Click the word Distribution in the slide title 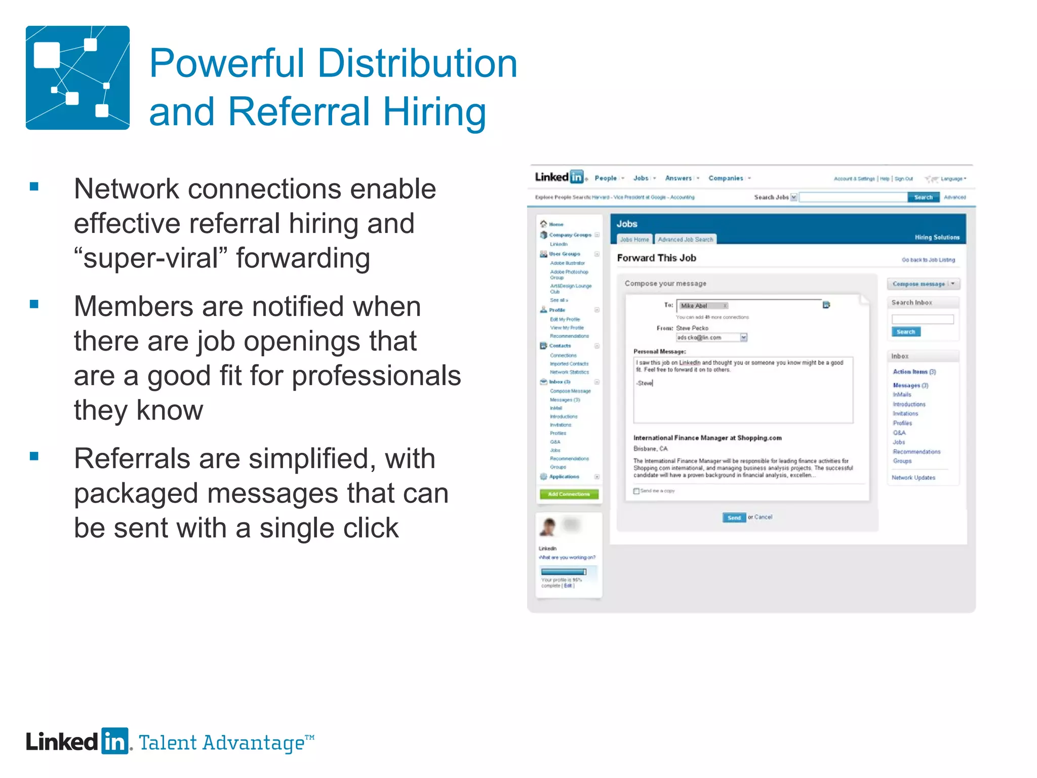pos(417,64)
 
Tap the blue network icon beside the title pos(77,77)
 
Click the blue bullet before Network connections pos(34,186)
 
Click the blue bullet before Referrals pos(34,456)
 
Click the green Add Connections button pos(569,494)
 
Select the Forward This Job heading pos(656,258)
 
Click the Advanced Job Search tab pos(685,239)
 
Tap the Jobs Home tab pos(634,239)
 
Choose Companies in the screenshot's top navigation pos(726,178)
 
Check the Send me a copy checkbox pos(636,491)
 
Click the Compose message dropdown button pos(923,284)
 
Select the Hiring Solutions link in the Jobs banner pos(937,237)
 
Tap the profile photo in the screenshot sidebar pos(548,527)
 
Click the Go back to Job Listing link pos(928,260)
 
